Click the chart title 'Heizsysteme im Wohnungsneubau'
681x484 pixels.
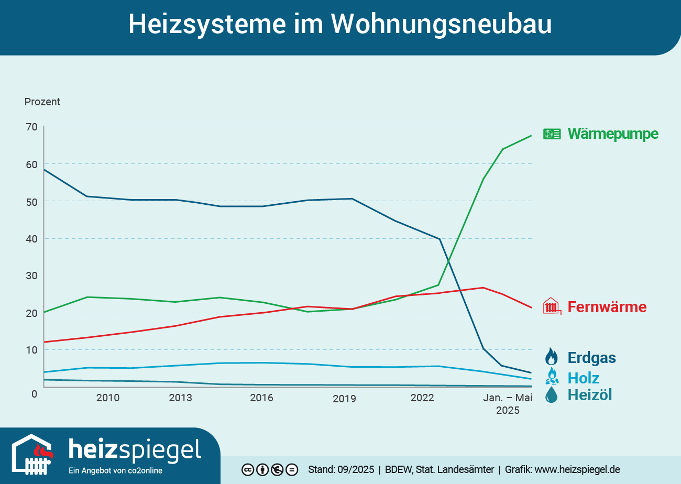(340, 24)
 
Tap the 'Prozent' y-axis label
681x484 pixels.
(42, 102)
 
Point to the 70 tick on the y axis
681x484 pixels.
(31, 127)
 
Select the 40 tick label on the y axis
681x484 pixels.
(31, 239)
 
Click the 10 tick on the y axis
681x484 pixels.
(31, 350)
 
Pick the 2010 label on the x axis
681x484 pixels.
(107, 398)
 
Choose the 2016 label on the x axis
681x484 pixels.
(261, 398)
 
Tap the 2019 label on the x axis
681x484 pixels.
(344, 399)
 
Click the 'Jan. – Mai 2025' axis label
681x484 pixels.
(508, 404)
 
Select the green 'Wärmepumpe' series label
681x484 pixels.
(613, 134)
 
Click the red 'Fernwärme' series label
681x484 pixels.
(607, 307)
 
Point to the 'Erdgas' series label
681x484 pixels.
(591, 358)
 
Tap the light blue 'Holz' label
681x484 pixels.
(583, 378)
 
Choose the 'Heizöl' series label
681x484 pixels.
(589, 395)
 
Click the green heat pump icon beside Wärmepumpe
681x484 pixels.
(552, 134)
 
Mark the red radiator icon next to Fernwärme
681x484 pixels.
(552, 306)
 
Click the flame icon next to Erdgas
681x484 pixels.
(551, 357)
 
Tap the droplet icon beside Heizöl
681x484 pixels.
(551, 395)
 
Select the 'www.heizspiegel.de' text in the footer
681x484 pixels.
(577, 469)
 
